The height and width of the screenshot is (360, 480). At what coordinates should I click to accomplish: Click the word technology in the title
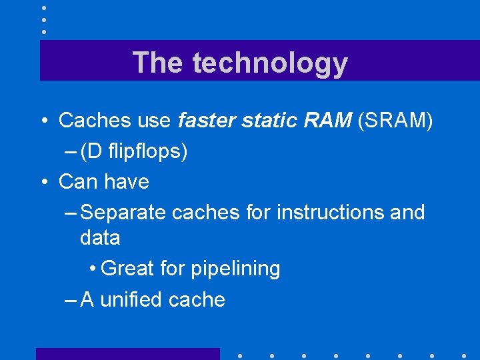click(270, 63)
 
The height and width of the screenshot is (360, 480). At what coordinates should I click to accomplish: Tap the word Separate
click(123, 213)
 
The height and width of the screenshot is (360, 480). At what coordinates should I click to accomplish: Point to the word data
click(100, 238)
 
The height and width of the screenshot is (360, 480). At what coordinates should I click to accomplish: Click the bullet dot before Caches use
click(43, 121)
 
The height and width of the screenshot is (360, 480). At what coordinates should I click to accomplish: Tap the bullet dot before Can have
click(43, 182)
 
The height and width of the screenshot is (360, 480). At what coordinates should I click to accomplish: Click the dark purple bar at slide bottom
click(127, 353)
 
